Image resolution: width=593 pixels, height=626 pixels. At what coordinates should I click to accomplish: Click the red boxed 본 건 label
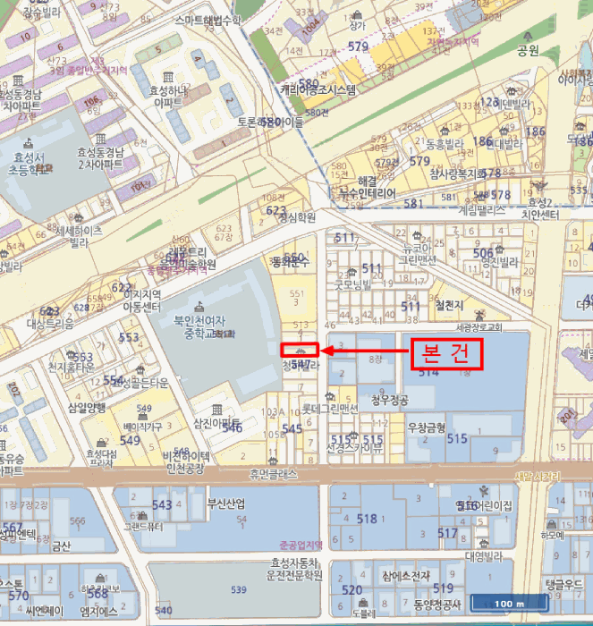[446, 353]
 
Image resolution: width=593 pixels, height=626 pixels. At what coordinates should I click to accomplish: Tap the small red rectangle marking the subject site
[301, 350]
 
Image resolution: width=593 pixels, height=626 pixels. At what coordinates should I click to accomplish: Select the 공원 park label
[528, 50]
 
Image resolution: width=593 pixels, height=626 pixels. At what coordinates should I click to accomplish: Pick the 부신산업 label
[225, 503]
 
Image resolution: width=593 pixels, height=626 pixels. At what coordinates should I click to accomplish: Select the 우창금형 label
[426, 428]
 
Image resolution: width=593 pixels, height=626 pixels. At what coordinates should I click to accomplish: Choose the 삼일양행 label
[87, 407]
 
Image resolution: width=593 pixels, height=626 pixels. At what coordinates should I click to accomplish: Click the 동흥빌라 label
[441, 142]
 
